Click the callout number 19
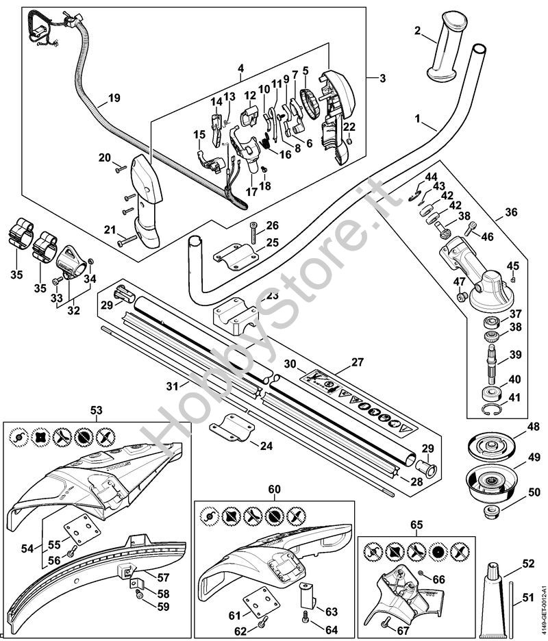(114, 98)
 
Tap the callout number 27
(358, 362)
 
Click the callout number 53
(96, 410)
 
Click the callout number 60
(274, 489)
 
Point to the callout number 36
(511, 213)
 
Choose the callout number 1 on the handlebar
(419, 119)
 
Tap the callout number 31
(172, 386)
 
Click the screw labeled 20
(120, 165)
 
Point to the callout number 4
(241, 68)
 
